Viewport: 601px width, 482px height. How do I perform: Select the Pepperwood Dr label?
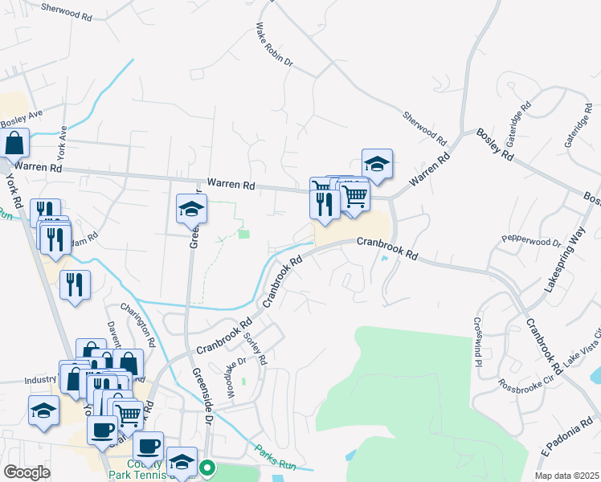[x=530, y=240]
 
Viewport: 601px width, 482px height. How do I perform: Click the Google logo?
[x=27, y=472]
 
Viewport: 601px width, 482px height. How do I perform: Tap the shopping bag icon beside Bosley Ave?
[x=15, y=144]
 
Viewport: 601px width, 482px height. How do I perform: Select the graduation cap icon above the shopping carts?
[x=377, y=164]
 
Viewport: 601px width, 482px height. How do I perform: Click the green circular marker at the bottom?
[x=207, y=466]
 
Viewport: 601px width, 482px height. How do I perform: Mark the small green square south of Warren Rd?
[x=243, y=234]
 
